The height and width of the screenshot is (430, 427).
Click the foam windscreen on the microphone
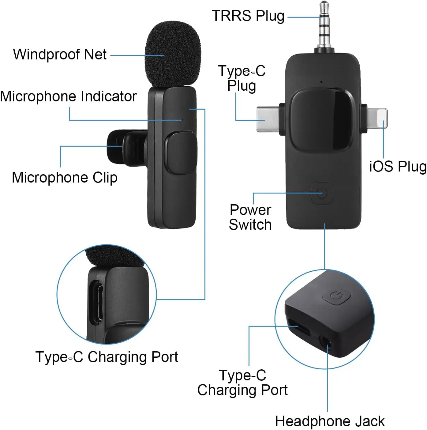click(x=173, y=54)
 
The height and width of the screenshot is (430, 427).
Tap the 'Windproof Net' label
click(x=60, y=55)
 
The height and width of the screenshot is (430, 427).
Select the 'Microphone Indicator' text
click(x=68, y=96)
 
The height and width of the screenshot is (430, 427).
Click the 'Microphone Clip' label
click(x=65, y=178)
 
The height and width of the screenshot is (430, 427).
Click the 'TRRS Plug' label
click(x=248, y=16)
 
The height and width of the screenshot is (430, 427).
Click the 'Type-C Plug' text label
click(x=242, y=78)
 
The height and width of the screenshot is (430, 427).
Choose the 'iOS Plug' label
click(x=398, y=166)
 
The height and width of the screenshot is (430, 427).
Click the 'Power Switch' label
click(x=250, y=217)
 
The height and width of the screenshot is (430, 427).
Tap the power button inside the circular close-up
click(x=336, y=296)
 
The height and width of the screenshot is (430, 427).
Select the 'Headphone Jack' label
click(x=329, y=421)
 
